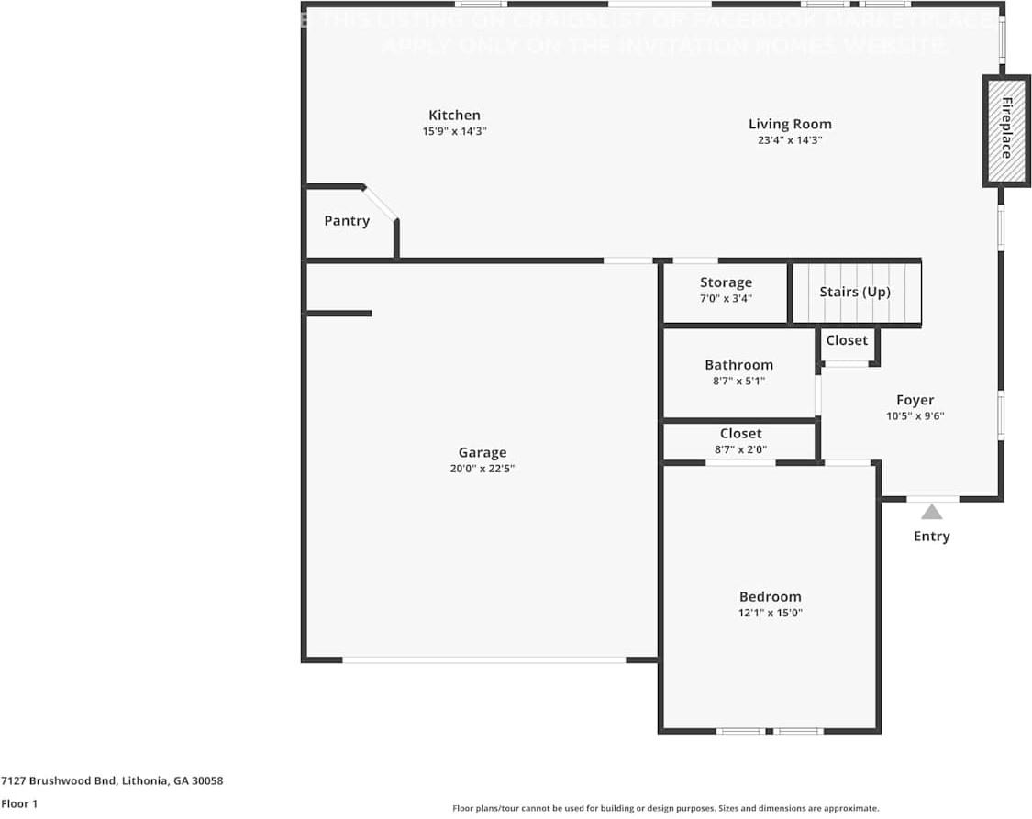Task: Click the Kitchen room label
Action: [x=454, y=116]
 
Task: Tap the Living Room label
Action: [x=790, y=125]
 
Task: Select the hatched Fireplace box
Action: [x=1006, y=129]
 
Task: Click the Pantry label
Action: [x=347, y=221]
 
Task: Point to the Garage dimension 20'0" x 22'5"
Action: [x=482, y=469]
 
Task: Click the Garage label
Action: [x=482, y=452]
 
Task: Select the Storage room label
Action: [x=726, y=282]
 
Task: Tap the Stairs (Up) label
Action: [x=855, y=292]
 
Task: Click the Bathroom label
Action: [x=738, y=365]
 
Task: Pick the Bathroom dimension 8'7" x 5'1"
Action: [x=738, y=381]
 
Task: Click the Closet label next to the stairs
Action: [x=847, y=340]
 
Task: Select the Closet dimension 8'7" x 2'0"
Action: [x=739, y=449]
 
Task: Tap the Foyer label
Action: [x=915, y=400]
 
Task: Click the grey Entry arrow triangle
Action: [x=932, y=513]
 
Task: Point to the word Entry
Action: [x=931, y=537]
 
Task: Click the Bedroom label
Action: [x=770, y=597]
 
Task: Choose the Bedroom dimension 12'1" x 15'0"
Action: [x=770, y=613]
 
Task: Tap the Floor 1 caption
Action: [x=19, y=804]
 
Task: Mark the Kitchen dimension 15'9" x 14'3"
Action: [x=454, y=131]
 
